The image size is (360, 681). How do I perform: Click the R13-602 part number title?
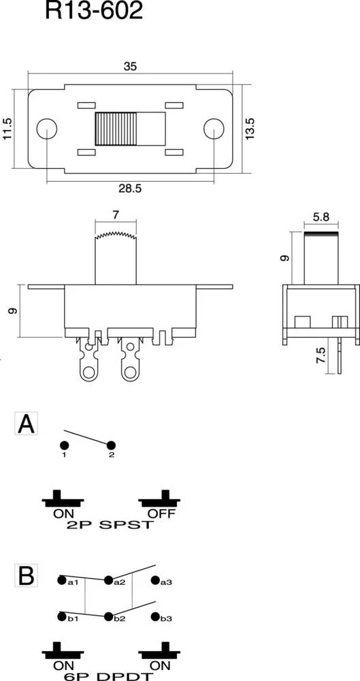point(94,11)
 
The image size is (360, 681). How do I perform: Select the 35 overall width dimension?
point(130,66)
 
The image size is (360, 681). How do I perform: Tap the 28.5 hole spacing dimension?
point(130,189)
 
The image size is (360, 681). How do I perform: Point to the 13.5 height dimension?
point(249,129)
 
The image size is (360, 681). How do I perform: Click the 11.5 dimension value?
point(7,129)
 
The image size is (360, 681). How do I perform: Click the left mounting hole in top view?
point(46,129)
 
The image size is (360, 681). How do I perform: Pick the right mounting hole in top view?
point(214,129)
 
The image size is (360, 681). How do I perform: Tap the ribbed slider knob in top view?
point(116,129)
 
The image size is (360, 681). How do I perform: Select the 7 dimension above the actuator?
point(116,215)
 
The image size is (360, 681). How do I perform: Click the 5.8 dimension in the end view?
point(321,219)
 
